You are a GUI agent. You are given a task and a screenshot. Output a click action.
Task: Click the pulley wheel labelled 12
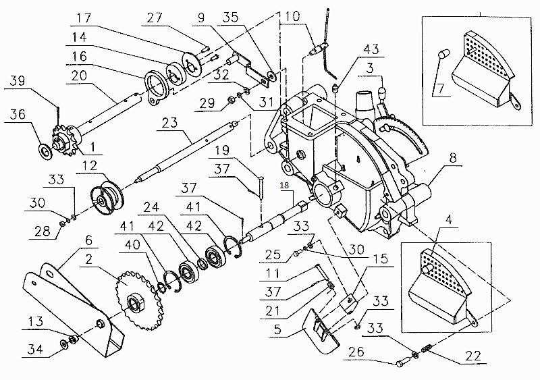[109, 196]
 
